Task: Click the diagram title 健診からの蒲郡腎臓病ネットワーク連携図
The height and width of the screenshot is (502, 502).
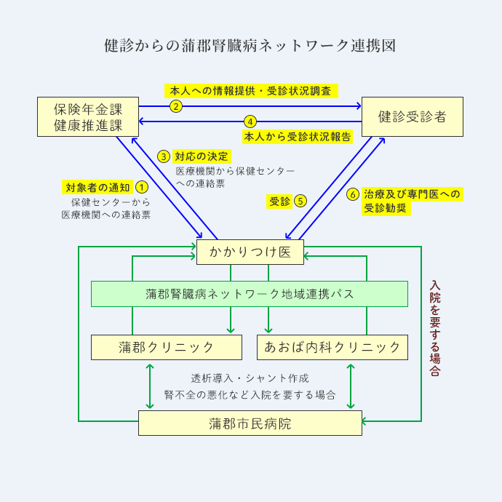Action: click(250, 46)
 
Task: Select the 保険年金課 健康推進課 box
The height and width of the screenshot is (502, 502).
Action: click(87, 116)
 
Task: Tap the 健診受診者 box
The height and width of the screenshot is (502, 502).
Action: click(413, 116)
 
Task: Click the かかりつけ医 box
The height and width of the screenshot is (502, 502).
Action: click(250, 252)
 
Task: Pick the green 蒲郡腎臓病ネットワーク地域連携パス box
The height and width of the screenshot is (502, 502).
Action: click(250, 294)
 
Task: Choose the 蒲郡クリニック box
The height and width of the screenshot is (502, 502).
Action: click(167, 347)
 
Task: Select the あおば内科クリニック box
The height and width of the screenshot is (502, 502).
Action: click(332, 347)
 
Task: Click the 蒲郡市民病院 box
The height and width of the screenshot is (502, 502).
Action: click(250, 423)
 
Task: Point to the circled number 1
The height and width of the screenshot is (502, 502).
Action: click(142, 188)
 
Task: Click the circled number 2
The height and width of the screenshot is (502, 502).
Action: click(175, 106)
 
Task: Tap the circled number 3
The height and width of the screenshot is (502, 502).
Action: click(164, 156)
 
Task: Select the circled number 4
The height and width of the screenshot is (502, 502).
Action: click(250, 121)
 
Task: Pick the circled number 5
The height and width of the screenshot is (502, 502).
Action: click(300, 201)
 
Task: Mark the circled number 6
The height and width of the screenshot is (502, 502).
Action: click(353, 194)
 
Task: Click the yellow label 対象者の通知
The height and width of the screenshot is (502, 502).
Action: click(97, 188)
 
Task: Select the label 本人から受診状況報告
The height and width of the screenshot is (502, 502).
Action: click(298, 136)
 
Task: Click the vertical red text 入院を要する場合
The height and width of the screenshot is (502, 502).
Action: click(435, 328)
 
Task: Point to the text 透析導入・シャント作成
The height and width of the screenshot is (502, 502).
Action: click(250, 378)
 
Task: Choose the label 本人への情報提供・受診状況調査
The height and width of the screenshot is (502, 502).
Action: click(250, 91)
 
